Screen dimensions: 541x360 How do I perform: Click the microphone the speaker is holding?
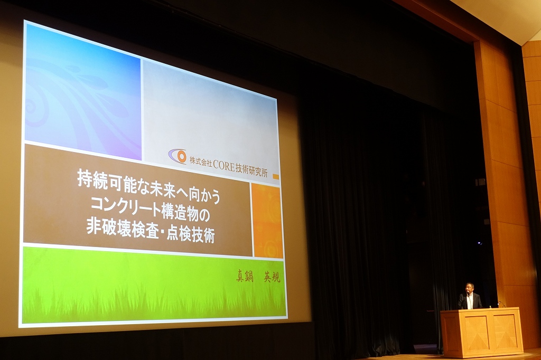pos(467,294)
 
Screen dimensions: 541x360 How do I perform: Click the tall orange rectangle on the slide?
pos(268,221)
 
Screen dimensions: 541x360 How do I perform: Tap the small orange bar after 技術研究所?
pos(276,176)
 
